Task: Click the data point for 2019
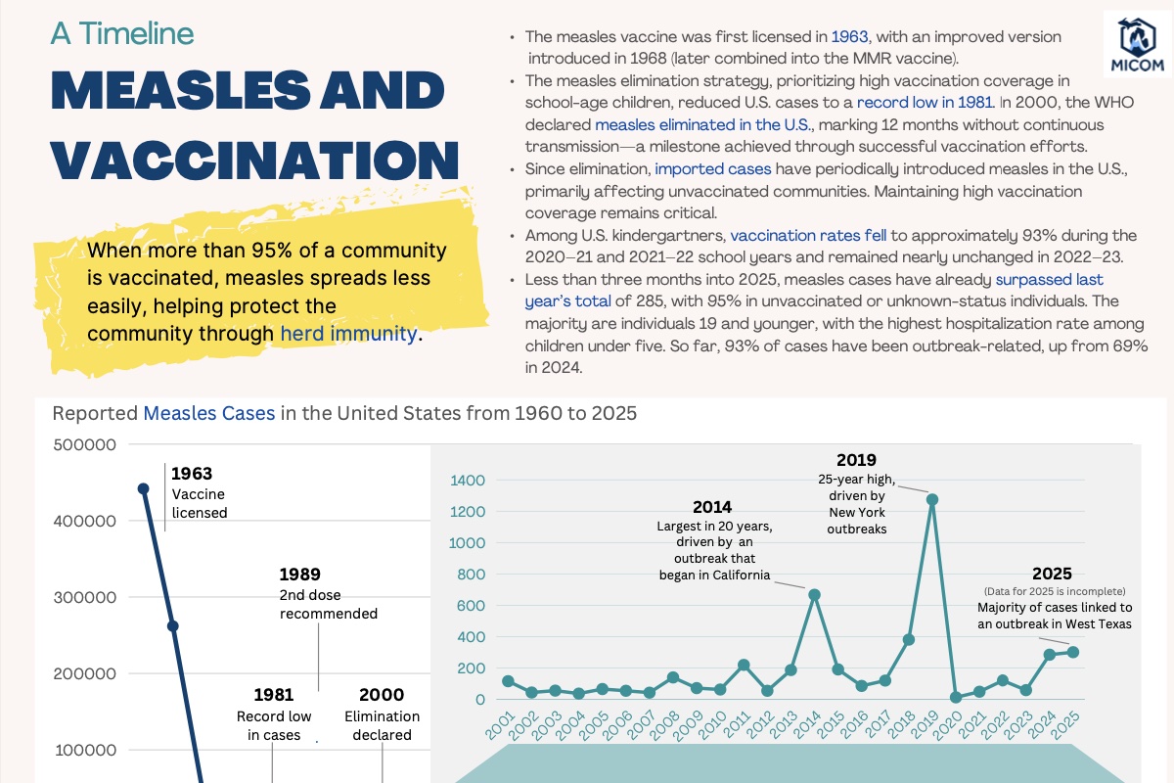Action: pos(932,499)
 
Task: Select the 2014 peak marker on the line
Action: pos(814,594)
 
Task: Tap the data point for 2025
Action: pos(1073,652)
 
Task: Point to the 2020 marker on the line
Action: pos(956,697)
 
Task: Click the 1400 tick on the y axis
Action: pos(468,481)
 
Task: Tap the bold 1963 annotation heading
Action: pos(192,475)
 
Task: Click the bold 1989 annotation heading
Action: pos(299,575)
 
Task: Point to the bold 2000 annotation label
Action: pos(382,695)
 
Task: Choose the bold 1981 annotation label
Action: pos(274,695)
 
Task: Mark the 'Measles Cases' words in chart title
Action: pos(209,413)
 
